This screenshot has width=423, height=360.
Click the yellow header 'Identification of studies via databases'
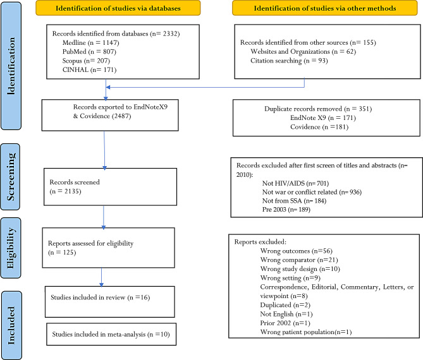click(x=118, y=8)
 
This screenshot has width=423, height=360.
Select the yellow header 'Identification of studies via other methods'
click(x=325, y=8)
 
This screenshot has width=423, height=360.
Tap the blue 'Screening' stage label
click(x=10, y=177)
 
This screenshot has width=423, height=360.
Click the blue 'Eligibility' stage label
click(x=11, y=248)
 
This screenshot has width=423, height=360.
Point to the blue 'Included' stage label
click(x=11, y=325)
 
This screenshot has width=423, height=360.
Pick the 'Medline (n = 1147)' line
click(x=90, y=42)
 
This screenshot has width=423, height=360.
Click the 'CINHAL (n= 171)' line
click(x=89, y=70)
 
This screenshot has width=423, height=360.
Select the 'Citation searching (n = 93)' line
click(x=289, y=61)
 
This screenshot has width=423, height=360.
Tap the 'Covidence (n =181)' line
click(x=319, y=127)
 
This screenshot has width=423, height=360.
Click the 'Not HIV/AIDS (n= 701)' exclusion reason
click(x=295, y=184)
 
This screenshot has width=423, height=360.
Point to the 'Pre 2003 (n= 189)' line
click(x=286, y=210)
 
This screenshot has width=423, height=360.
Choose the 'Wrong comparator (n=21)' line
click(x=299, y=260)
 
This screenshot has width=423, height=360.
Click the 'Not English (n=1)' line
click(x=286, y=314)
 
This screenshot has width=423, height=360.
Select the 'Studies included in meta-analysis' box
click(x=111, y=334)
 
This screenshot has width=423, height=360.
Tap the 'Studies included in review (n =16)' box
click(x=110, y=302)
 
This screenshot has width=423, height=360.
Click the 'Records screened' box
click(x=111, y=187)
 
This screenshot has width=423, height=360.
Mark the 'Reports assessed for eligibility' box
click(x=109, y=248)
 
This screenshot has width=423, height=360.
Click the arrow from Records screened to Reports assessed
click(x=104, y=217)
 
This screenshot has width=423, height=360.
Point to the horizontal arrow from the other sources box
click(x=205, y=87)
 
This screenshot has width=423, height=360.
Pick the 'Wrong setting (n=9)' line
click(x=290, y=278)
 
